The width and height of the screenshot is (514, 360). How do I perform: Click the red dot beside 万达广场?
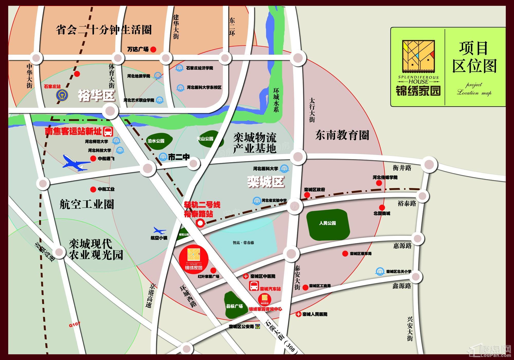[x=153, y=49]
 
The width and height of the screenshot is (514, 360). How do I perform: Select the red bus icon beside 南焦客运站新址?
[x=108, y=132]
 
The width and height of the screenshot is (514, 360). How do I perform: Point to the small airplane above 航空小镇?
[x=160, y=230]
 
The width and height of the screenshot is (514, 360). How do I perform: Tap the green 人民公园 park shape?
[x=328, y=224]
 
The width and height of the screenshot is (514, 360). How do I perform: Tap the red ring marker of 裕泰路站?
[x=200, y=223]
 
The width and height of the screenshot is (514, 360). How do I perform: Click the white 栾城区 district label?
[x=265, y=182]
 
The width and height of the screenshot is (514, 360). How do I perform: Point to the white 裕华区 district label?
[x=96, y=96]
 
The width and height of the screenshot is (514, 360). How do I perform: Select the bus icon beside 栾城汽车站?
[x=254, y=286]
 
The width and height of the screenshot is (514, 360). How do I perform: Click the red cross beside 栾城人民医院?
[x=298, y=314]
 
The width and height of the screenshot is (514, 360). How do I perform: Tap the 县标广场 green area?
[x=234, y=305]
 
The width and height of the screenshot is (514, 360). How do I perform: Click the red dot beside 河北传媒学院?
[x=379, y=183]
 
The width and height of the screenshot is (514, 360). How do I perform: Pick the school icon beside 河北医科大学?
[x=284, y=169]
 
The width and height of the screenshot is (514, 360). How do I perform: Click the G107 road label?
[x=75, y=325]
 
